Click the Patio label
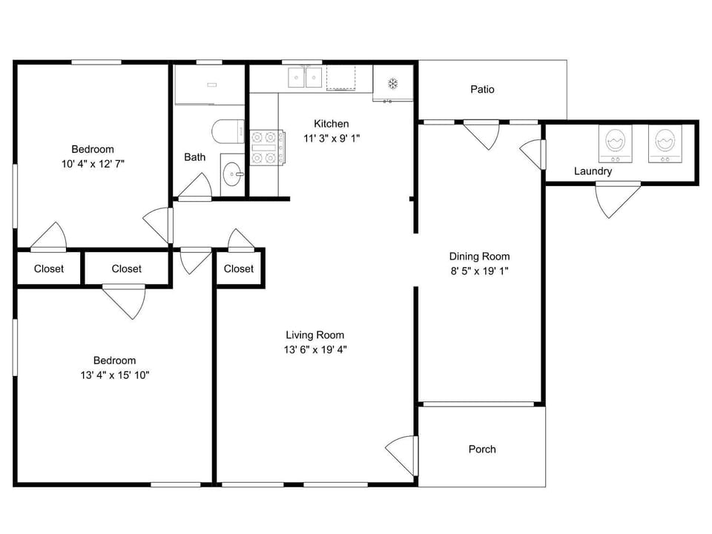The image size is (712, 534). click(x=482, y=90)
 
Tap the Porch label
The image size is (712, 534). click(x=482, y=449)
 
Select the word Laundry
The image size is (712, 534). click(x=593, y=171)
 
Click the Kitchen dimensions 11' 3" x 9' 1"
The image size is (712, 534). click(x=332, y=139)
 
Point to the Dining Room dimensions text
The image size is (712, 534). click(x=480, y=271)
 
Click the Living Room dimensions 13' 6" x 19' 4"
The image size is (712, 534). click(x=316, y=349)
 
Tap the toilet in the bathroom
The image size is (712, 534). click(x=228, y=132)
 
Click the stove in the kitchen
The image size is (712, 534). click(x=268, y=147)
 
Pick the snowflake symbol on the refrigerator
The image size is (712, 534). click(x=393, y=84)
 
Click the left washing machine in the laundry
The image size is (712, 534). click(x=616, y=143)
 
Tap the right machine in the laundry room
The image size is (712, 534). click(x=665, y=143)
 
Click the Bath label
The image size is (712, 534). click(x=195, y=157)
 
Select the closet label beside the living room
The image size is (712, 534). click(x=239, y=268)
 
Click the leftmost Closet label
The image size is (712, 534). click(x=49, y=268)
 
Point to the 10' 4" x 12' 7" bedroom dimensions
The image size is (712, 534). click(x=93, y=164)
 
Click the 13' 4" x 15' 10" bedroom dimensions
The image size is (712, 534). click(x=115, y=375)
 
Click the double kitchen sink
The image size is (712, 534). click(x=305, y=77)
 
